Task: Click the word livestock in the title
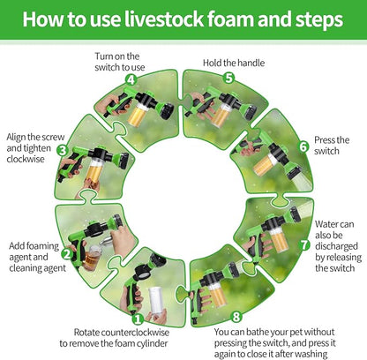coord(164,19)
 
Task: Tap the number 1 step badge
coord(138,319)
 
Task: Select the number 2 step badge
coord(67,254)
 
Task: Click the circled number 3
coord(63,151)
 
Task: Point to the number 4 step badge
coord(131,79)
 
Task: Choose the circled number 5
coord(228,78)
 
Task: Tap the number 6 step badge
coord(303,146)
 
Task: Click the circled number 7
coord(304,244)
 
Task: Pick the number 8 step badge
coord(236,317)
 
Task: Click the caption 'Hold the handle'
coord(234,63)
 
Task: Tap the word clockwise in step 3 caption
coord(26,159)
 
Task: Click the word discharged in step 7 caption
coord(336,246)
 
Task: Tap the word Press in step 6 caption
coord(325,140)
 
